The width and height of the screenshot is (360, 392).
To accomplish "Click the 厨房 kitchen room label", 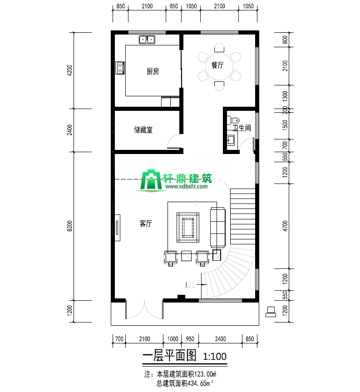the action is coord(153,71).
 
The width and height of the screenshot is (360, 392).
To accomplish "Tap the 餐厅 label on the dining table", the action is coord(217,65).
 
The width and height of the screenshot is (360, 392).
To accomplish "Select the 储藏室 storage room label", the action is coord(143,130).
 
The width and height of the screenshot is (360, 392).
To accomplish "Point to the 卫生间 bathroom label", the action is coord(242,128).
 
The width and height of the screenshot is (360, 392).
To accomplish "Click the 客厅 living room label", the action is coord(146,223).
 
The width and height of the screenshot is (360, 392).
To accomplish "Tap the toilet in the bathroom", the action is coord(233,120).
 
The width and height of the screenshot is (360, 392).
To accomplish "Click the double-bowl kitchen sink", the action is coord(147,40).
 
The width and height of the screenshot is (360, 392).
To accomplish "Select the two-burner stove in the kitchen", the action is coord(120,68).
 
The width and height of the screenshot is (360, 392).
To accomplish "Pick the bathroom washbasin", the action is coord(231,140).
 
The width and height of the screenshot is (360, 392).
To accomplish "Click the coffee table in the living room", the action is coord(188,228).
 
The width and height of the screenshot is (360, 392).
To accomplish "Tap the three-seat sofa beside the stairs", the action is coord(217,228).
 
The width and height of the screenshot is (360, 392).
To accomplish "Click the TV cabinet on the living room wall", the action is coord(117,228).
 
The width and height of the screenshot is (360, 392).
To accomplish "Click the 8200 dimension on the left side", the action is coord(70,226).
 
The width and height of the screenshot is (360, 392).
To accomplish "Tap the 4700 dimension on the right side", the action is coord(285,226).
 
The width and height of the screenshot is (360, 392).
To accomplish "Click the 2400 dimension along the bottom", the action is coord(220,339).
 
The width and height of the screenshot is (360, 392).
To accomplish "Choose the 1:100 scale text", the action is coord(215,356).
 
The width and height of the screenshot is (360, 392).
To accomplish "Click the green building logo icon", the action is coord(151,180).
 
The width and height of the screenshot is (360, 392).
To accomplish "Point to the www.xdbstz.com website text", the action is coord(187,186).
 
